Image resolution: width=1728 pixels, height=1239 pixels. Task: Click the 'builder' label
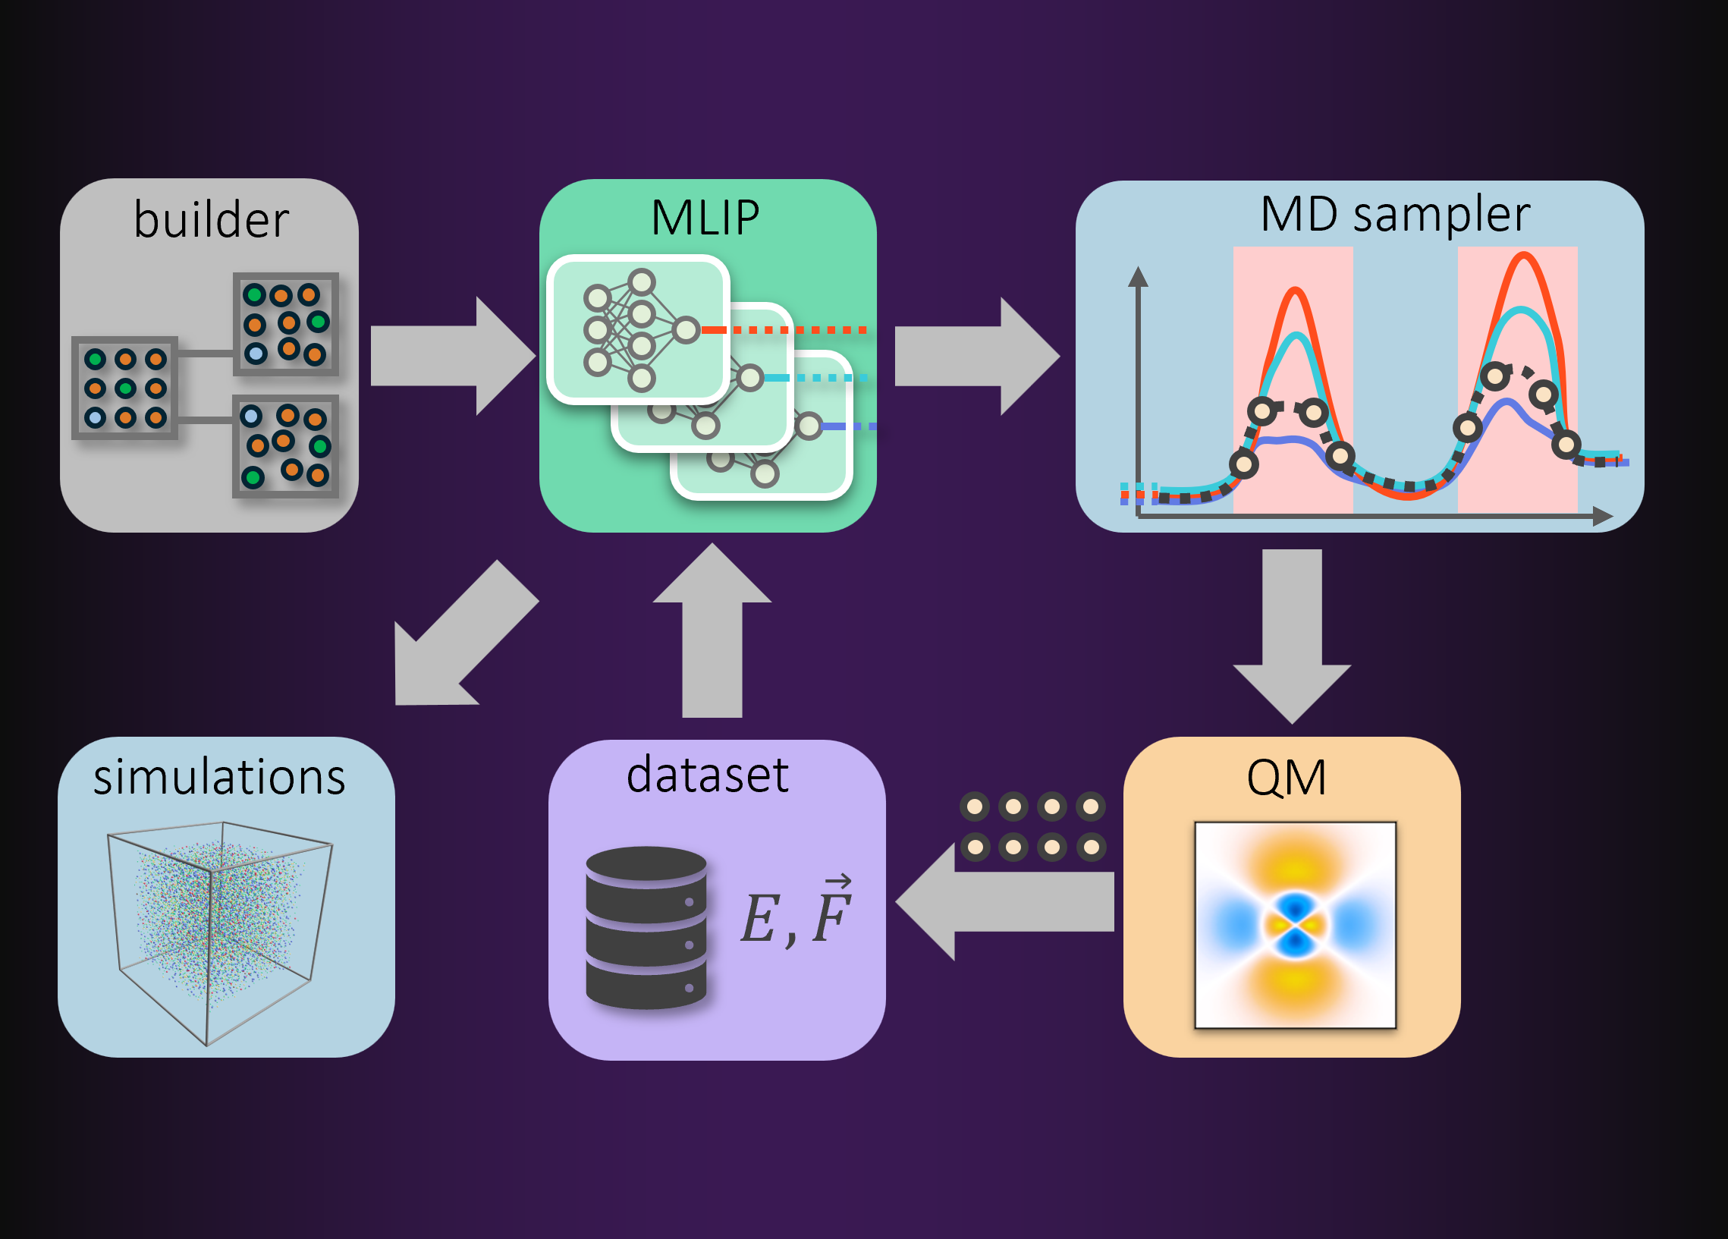tap(211, 219)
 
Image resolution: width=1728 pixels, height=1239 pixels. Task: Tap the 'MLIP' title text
tap(705, 218)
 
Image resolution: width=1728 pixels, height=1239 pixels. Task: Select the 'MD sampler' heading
tap(1395, 215)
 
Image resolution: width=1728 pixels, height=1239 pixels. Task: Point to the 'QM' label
tap(1286, 778)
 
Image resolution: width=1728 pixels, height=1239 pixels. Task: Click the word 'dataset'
tap(707, 775)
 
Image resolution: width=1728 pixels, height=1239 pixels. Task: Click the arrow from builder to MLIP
tap(454, 356)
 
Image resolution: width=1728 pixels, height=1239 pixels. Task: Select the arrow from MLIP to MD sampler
tap(977, 356)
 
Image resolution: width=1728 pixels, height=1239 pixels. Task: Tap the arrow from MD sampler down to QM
tap(1292, 637)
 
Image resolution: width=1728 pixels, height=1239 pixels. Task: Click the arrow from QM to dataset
tap(1004, 901)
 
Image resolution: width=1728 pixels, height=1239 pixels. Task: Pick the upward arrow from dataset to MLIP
tap(712, 631)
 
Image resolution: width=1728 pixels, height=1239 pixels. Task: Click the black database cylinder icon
tap(646, 927)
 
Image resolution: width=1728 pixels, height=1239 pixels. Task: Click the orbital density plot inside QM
tap(1295, 925)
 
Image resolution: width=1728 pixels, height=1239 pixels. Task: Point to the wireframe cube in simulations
tap(219, 934)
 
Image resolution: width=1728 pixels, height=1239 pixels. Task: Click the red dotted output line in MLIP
tap(784, 330)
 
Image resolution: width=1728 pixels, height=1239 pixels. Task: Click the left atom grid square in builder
tap(125, 388)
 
